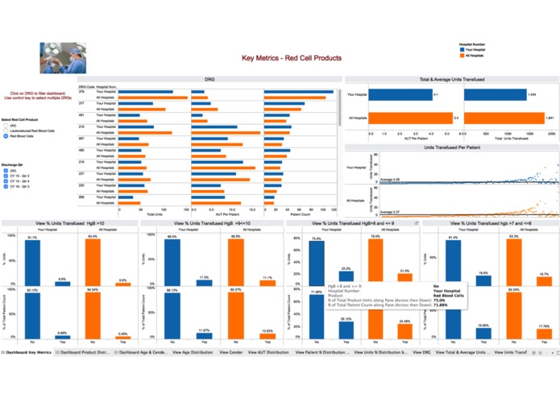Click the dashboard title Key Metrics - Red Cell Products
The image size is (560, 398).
coord(292,58)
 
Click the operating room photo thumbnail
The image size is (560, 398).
coord(62,58)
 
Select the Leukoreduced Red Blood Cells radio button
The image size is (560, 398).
coord(6,131)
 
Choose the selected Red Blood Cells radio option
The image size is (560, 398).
coord(6,137)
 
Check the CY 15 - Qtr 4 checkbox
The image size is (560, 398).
coord(6,183)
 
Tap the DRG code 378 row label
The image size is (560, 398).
coord(81,92)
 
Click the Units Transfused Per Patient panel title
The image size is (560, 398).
coord(451,148)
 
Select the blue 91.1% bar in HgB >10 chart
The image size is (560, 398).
coord(32,262)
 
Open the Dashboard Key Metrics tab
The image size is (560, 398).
coord(28,353)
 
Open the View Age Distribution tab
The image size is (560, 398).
coord(194,353)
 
